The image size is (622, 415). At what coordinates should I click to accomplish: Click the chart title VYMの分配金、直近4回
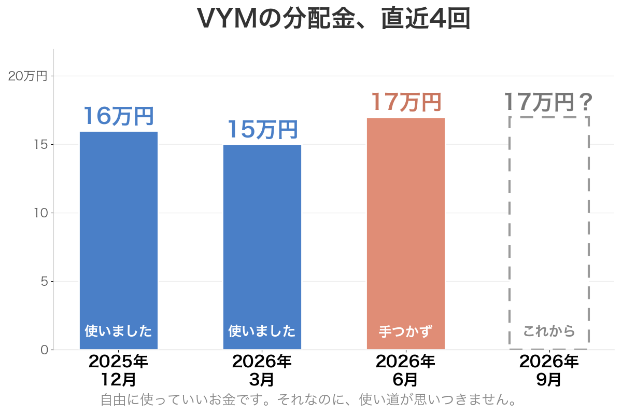point(333,19)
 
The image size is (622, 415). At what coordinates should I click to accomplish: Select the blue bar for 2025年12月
point(119,240)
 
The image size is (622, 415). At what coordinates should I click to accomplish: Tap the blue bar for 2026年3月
point(262,247)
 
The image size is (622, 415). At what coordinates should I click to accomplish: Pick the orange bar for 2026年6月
point(406,234)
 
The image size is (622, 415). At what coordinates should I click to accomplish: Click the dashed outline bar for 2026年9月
point(509,233)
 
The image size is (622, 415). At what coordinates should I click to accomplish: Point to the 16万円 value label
point(119,116)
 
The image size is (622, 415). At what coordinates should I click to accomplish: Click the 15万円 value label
point(262,130)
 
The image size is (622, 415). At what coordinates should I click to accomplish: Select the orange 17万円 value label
point(406,102)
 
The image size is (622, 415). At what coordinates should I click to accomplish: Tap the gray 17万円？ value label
point(549,102)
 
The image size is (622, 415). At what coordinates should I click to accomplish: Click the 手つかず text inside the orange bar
point(406,331)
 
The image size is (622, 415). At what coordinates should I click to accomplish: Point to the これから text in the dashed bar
point(549,331)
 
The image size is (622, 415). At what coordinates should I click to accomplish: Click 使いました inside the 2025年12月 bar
point(119,331)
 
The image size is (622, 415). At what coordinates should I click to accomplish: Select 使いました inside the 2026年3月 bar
point(262,331)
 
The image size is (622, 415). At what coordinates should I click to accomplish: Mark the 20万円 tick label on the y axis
point(28,76)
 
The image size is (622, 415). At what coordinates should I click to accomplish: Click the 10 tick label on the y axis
point(41,213)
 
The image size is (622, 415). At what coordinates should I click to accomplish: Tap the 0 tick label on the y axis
point(45,350)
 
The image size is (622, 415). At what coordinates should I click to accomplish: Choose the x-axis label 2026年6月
point(405,370)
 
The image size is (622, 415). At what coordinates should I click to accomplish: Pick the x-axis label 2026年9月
point(549,370)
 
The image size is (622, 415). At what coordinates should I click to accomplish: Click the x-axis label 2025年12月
point(118,370)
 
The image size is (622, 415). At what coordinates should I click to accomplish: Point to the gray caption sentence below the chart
point(308,400)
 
